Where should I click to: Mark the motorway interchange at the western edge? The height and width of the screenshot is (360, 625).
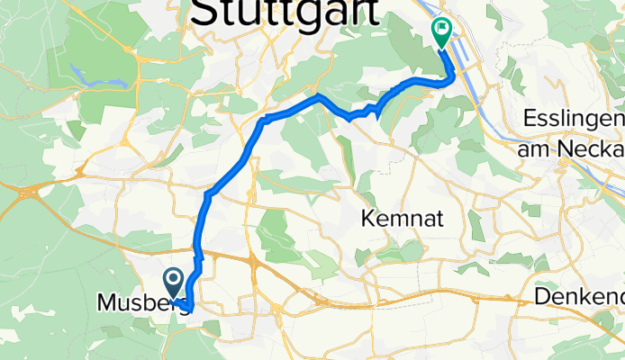coord(27,191)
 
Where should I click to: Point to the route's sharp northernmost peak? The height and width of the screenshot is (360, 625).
coord(318,94)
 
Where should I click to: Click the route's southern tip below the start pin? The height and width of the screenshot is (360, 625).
coord(187,311)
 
